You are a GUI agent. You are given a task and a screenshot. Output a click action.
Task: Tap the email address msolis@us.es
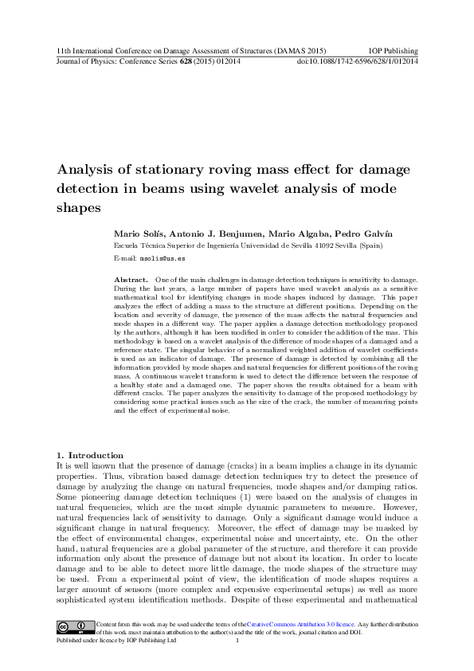[x=163, y=259]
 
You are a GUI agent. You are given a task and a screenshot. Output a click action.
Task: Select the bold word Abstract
[x=131, y=281]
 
